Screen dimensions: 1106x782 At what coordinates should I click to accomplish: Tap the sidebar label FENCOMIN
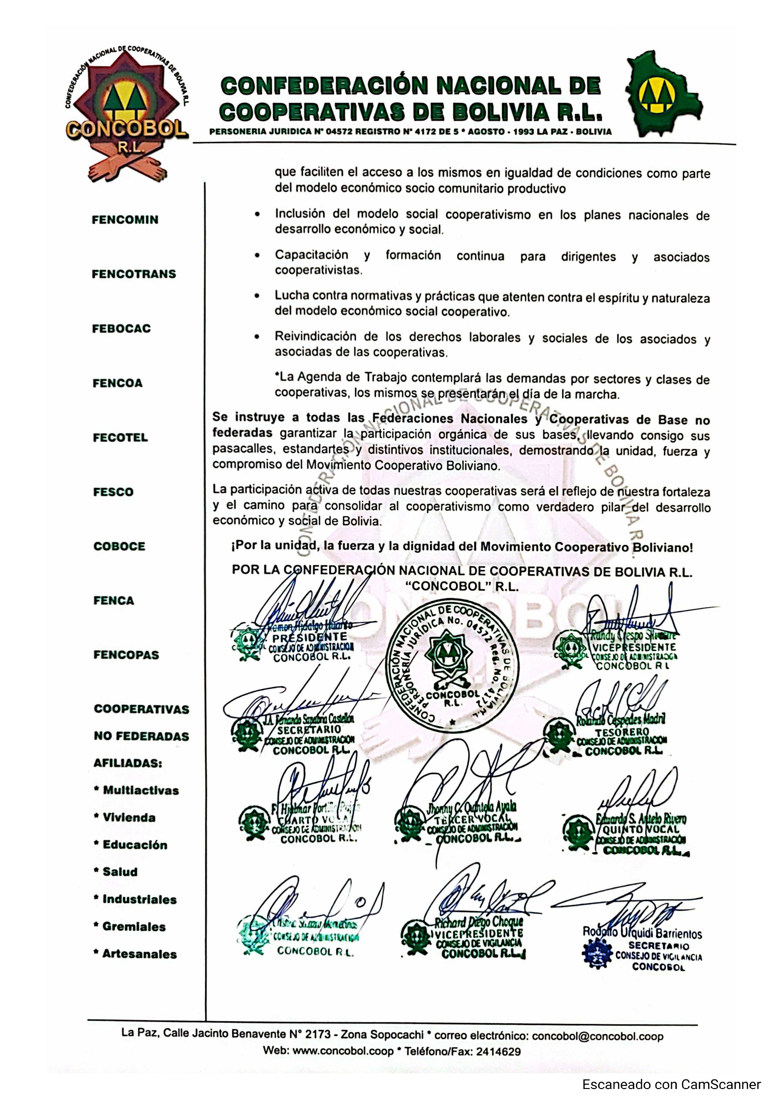125,220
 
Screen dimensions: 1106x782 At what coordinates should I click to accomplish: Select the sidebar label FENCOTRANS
134,274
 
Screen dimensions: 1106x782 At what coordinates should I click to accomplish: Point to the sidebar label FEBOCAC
121,328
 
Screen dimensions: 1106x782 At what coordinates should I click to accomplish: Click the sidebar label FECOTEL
120,437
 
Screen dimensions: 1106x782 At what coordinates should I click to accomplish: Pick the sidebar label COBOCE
120,546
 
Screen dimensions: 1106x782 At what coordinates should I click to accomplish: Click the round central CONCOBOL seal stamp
452,663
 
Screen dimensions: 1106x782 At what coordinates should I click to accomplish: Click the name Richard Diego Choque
478,922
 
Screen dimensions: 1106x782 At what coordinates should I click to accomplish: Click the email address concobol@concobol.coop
598,1036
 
